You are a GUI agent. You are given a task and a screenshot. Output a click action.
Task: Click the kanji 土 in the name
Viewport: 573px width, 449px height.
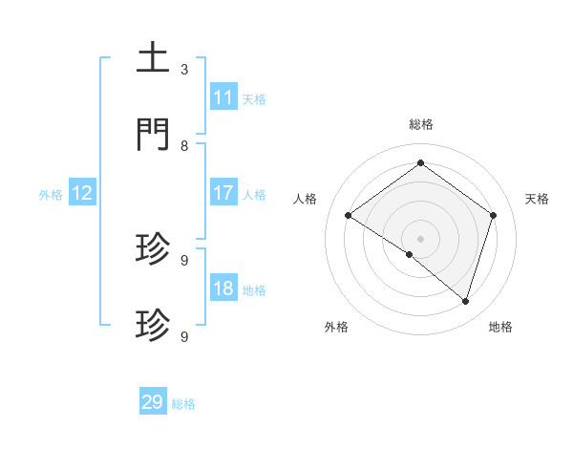[x=154, y=57]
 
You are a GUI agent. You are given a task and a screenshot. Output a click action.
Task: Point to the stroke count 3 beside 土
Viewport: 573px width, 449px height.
[x=184, y=69]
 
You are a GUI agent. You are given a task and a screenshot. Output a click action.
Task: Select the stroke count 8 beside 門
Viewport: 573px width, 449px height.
[x=184, y=145]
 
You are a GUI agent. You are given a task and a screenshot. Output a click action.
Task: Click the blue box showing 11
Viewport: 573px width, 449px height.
[x=223, y=96]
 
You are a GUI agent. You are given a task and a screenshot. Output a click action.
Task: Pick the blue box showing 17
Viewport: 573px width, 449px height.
[x=223, y=193]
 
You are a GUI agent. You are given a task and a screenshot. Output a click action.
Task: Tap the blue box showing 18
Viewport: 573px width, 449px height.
[x=223, y=289]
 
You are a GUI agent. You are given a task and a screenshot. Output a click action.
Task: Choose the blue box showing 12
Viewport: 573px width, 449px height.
[x=82, y=193]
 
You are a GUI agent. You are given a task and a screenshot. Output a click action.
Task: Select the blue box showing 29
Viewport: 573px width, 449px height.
[x=153, y=402]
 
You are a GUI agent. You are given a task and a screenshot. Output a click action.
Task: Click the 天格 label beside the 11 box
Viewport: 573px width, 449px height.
[x=254, y=98]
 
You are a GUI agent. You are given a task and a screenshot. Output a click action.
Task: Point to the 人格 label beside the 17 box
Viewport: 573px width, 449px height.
[x=254, y=195]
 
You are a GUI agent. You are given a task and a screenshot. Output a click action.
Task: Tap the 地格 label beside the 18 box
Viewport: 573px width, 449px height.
[x=254, y=290]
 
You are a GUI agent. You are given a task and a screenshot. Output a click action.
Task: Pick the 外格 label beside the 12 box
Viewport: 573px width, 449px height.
[x=51, y=195]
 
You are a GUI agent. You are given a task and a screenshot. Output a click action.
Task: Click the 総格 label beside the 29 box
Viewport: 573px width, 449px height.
[x=183, y=404]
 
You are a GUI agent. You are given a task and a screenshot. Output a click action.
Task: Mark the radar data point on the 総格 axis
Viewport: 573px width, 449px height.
[x=420, y=163]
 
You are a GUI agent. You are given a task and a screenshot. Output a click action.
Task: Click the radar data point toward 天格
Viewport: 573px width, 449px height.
[x=493, y=215]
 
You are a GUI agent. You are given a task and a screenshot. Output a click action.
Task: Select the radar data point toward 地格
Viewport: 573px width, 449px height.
[x=465, y=301]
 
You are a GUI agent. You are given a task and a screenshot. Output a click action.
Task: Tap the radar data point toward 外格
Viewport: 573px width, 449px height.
[x=410, y=254]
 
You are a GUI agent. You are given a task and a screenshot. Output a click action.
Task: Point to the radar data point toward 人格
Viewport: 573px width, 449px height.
[x=349, y=215]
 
